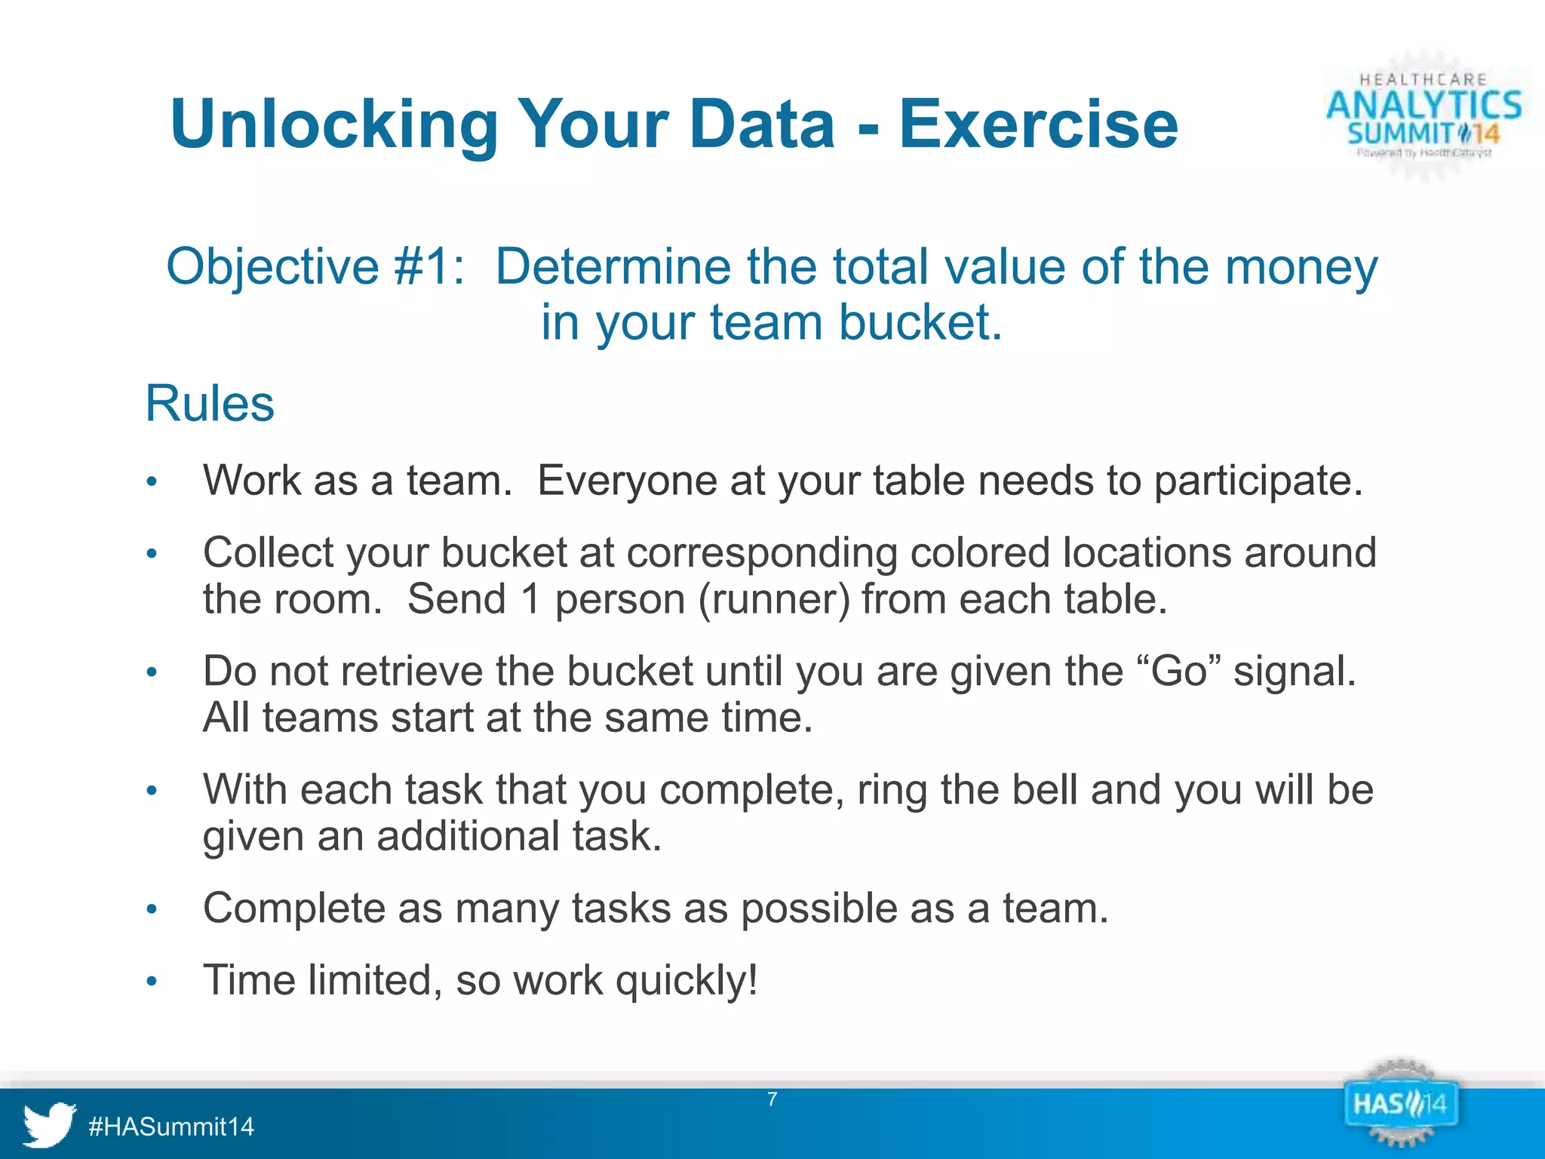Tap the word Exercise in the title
click(x=1038, y=125)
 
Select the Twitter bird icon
click(x=49, y=1124)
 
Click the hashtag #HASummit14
click(x=171, y=1127)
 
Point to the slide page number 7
click(x=772, y=1099)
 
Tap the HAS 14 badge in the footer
click(x=1400, y=1105)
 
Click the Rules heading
click(x=210, y=404)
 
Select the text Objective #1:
click(x=315, y=266)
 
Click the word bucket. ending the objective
click(x=920, y=323)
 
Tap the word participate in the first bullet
click(x=1258, y=481)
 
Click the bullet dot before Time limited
click(x=152, y=982)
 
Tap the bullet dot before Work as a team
click(x=152, y=482)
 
